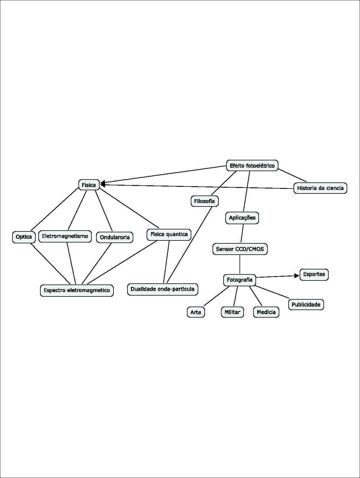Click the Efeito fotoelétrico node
252,166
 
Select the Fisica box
89,185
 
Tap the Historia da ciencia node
320,188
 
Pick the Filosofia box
204,201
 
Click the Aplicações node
242,218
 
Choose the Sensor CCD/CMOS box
240,249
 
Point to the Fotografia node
240,280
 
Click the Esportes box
314,274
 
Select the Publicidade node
306,305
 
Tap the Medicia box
266,312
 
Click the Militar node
232,312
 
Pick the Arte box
196,312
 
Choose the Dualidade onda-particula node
163,289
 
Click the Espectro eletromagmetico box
77,290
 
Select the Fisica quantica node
169,234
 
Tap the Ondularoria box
115,237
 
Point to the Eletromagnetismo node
65,236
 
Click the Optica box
24,237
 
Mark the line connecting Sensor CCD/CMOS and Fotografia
240,265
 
